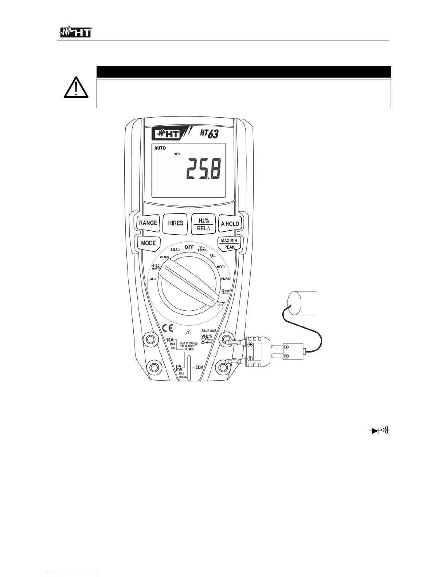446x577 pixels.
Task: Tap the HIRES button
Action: point(175,223)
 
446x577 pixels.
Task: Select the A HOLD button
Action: point(230,224)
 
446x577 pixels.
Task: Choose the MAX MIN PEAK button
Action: point(229,244)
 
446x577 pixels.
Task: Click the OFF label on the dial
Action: point(189,247)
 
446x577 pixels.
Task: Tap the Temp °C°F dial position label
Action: point(220,304)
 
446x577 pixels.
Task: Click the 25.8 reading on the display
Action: point(203,169)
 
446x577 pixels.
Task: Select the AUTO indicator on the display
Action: point(160,148)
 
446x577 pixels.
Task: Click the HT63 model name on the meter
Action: point(209,134)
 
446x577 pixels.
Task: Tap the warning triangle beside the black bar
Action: point(76,88)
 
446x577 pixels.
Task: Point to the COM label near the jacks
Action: point(199,368)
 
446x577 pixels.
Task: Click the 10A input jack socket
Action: point(150,339)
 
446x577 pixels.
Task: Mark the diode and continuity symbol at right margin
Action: point(380,431)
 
